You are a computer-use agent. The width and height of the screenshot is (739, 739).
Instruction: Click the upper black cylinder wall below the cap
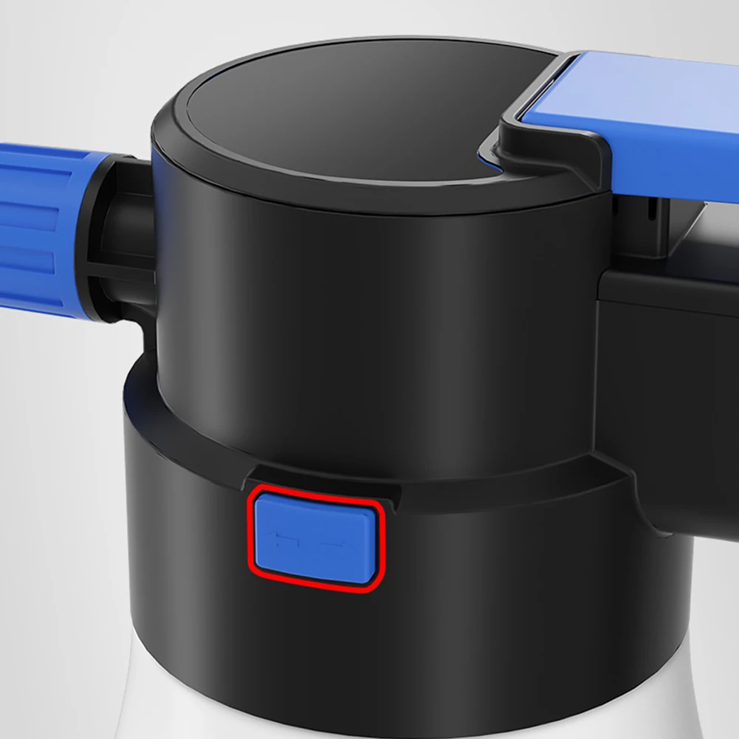click(x=369, y=310)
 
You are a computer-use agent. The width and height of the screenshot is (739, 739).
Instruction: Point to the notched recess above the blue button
click(x=325, y=476)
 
